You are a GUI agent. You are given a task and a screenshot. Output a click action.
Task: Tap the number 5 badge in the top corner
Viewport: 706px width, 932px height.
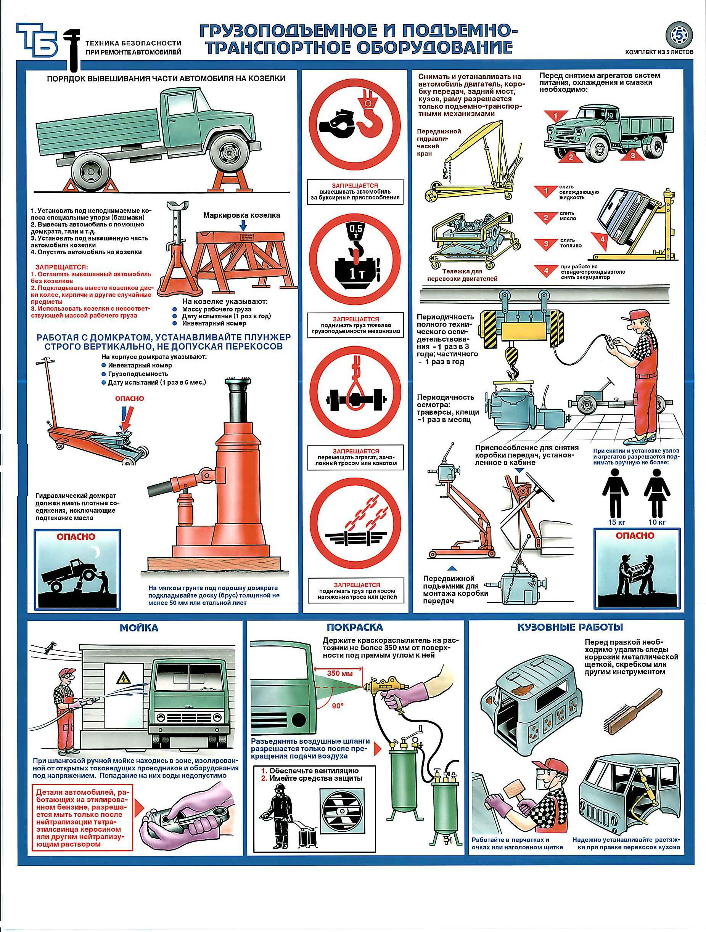[x=679, y=36]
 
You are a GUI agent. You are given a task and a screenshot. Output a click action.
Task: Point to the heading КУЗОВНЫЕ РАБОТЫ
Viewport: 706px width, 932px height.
[x=570, y=627]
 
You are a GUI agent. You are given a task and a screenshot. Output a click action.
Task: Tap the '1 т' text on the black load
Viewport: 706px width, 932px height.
[x=354, y=276]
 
